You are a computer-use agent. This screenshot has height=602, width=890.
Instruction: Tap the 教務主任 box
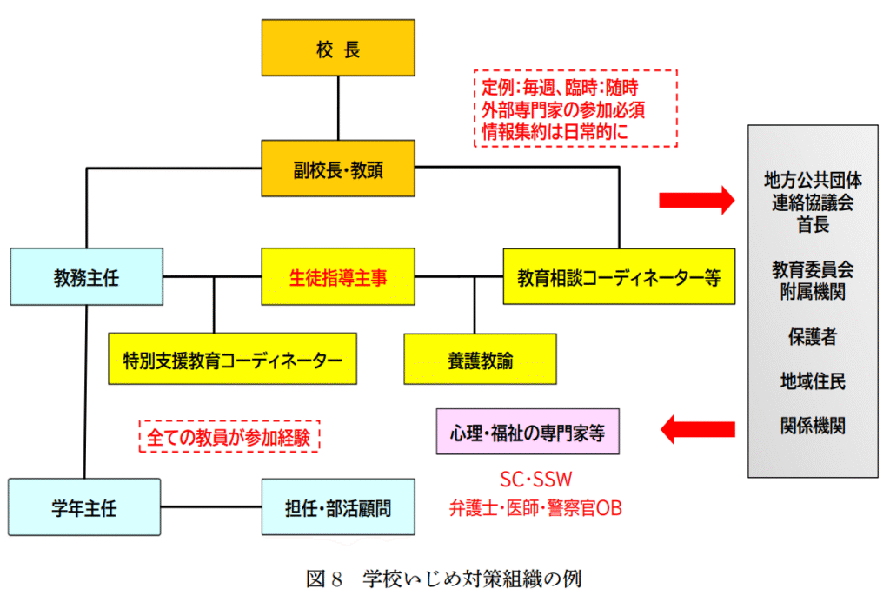pos(86,277)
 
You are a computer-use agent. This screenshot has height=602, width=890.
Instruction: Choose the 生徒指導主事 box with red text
pos(337,277)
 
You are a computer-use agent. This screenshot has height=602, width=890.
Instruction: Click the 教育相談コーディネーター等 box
pos(619,277)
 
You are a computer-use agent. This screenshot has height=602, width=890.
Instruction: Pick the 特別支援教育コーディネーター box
pos(232,358)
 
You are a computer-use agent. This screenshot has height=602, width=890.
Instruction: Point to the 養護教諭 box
pos(480,358)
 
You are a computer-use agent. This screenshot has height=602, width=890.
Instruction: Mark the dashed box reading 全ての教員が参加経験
pos(229,435)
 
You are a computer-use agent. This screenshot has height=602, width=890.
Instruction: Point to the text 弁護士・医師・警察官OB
pos(535,508)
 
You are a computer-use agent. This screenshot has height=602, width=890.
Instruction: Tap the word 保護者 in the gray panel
pos(813,336)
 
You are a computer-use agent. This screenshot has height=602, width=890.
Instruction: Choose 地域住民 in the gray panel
pos(813,380)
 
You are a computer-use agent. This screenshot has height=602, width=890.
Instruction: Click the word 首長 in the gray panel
pos(813,225)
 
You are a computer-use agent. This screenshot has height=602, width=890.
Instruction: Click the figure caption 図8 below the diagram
pos(444,579)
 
